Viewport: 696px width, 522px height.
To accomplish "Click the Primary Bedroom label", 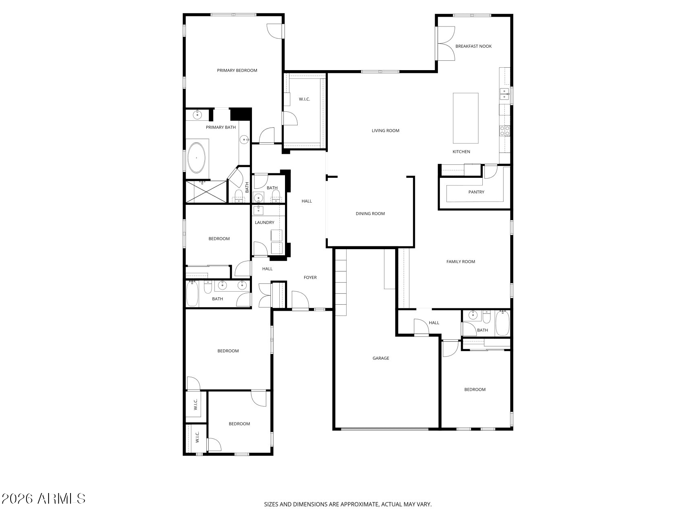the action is click(237, 70).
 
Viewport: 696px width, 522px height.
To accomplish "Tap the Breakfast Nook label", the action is click(473, 46).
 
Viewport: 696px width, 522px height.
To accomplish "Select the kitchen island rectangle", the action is click(466, 118).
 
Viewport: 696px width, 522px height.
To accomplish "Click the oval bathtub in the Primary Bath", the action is click(197, 157).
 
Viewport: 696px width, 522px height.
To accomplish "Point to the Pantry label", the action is click(476, 192).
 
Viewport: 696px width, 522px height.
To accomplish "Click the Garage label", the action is click(381, 358).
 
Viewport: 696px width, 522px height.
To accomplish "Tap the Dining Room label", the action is click(370, 214).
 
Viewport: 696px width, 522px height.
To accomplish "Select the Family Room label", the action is click(461, 262).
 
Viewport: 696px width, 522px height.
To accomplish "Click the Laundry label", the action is click(265, 223).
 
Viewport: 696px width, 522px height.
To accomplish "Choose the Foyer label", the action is click(310, 278).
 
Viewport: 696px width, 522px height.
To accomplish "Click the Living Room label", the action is click(385, 131).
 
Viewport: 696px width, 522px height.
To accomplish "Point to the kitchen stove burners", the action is click(505, 130).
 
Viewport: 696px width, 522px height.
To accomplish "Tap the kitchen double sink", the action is click(505, 94).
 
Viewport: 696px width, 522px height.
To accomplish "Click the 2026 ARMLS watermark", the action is click(43, 498).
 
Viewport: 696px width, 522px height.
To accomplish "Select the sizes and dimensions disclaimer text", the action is click(348, 504).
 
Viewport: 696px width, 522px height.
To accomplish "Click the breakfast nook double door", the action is click(445, 44).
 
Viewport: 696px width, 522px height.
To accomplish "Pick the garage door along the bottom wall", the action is click(384, 429).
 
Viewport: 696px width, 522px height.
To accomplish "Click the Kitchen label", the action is click(461, 152).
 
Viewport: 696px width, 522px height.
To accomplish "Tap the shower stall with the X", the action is click(206, 192).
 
